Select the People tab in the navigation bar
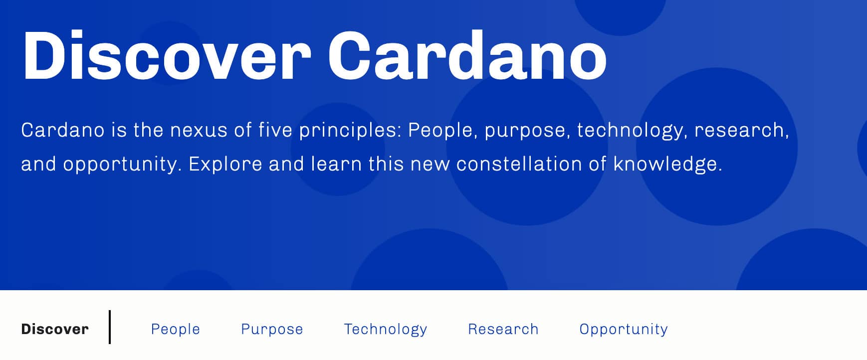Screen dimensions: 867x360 (176, 329)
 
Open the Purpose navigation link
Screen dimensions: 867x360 (272, 329)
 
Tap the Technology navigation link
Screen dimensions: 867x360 (386, 329)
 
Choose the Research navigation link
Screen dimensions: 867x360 (503, 329)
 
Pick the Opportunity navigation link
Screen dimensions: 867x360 (624, 329)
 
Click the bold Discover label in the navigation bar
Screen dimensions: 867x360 (55, 329)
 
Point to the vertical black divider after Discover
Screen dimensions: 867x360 (110, 327)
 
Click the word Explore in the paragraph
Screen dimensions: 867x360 (225, 164)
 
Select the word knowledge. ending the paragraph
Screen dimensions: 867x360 (668, 164)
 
